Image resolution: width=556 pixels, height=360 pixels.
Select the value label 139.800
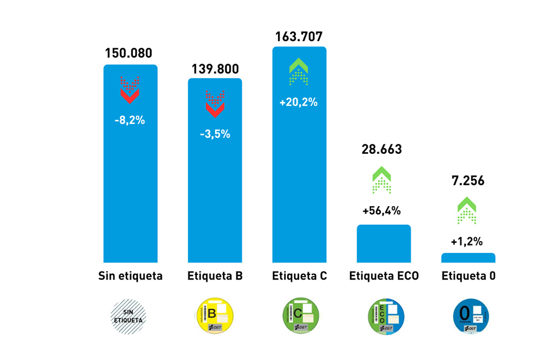(x=215, y=69)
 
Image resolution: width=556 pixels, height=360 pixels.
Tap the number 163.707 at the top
(x=299, y=37)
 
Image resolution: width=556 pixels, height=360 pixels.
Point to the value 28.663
(x=381, y=149)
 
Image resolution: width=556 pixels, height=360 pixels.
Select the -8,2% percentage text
(x=130, y=120)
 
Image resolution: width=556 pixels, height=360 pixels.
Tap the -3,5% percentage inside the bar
(x=215, y=134)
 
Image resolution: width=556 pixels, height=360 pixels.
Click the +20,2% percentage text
(x=299, y=102)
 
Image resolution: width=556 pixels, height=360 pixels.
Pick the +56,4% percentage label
(x=381, y=211)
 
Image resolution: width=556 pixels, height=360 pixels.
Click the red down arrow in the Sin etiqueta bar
(x=130, y=90)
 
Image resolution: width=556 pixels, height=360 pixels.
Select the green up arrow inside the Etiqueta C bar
(x=299, y=72)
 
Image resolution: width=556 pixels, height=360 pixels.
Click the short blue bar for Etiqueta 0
(x=468, y=258)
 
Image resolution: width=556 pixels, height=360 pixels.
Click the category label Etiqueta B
(x=215, y=276)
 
